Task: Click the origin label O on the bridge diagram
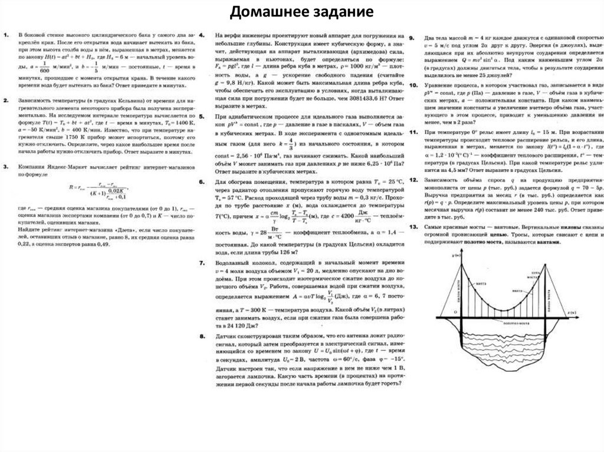coord(454,313)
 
